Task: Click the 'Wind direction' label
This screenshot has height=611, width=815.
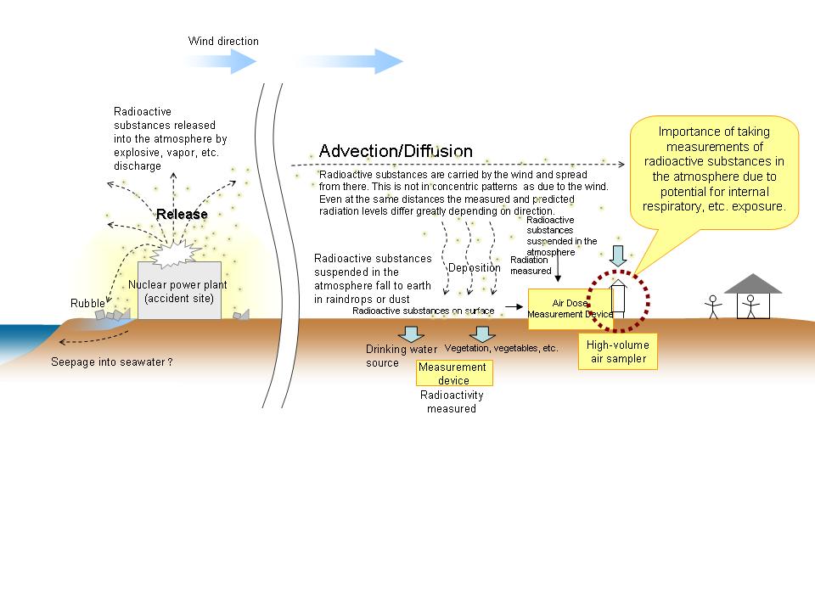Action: pos(223,41)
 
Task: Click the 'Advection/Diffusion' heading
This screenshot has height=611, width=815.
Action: pos(395,151)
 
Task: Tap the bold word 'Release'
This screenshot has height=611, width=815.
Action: pos(182,214)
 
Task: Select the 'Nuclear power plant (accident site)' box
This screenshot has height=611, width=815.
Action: pos(178,291)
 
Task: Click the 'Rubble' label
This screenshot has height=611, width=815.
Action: pos(87,303)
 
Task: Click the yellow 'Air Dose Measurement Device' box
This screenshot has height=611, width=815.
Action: pos(570,308)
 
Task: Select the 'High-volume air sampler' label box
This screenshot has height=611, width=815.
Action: pos(618,351)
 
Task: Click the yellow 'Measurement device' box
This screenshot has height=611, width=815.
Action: pos(453,373)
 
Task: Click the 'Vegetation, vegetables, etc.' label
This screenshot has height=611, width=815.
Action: pos(502,348)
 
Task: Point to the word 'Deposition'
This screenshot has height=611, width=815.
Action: pos(474,268)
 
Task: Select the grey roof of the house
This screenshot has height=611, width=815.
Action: pos(753,283)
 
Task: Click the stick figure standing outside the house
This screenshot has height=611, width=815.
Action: pos(713,305)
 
